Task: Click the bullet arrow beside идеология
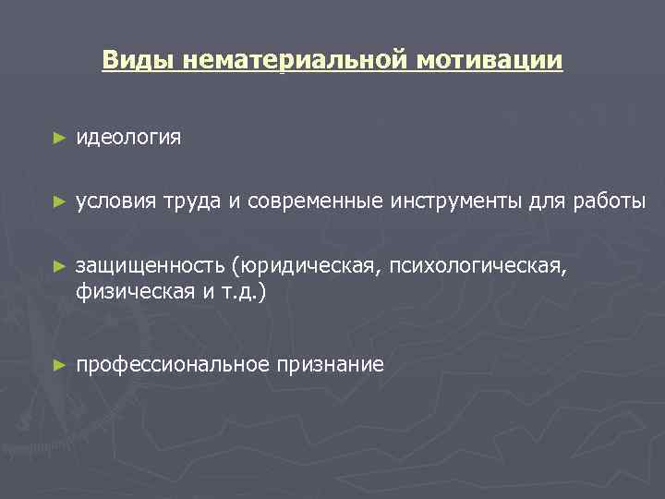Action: tap(59, 138)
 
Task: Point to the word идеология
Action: tap(128, 138)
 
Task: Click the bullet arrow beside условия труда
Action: tap(59, 201)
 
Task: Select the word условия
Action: tap(116, 201)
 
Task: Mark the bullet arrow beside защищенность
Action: tap(59, 266)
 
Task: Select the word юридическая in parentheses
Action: tap(308, 266)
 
